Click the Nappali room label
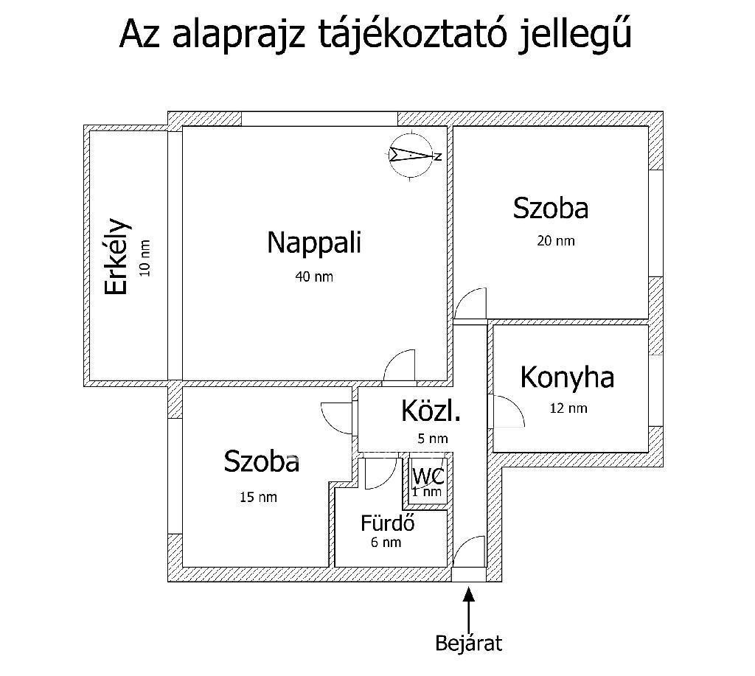click(x=314, y=243)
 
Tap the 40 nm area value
click(x=314, y=276)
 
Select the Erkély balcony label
click(x=117, y=256)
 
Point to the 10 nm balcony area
click(x=145, y=258)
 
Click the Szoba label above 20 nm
click(x=551, y=209)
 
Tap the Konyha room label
click(x=567, y=377)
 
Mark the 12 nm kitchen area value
click(x=568, y=408)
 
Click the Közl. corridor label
click(x=431, y=411)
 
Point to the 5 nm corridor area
click(x=433, y=439)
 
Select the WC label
click(x=428, y=477)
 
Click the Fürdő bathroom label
click(x=388, y=523)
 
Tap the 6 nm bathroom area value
click(x=386, y=542)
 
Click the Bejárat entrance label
click(x=468, y=644)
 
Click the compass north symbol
click(x=414, y=156)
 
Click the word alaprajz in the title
click(x=239, y=36)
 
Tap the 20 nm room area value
click(x=556, y=241)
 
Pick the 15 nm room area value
click(x=259, y=497)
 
